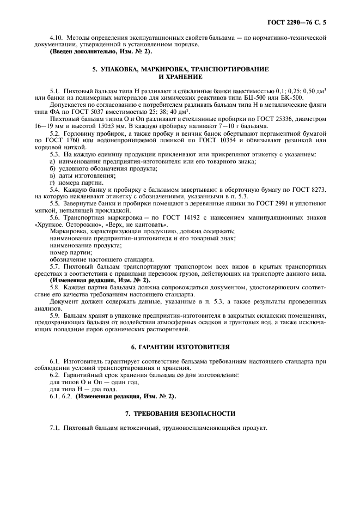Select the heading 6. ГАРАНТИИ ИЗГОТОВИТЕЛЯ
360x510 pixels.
point(180,347)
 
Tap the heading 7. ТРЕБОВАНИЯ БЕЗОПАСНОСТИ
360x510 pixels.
point(180,414)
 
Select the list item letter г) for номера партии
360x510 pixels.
point(52,182)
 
